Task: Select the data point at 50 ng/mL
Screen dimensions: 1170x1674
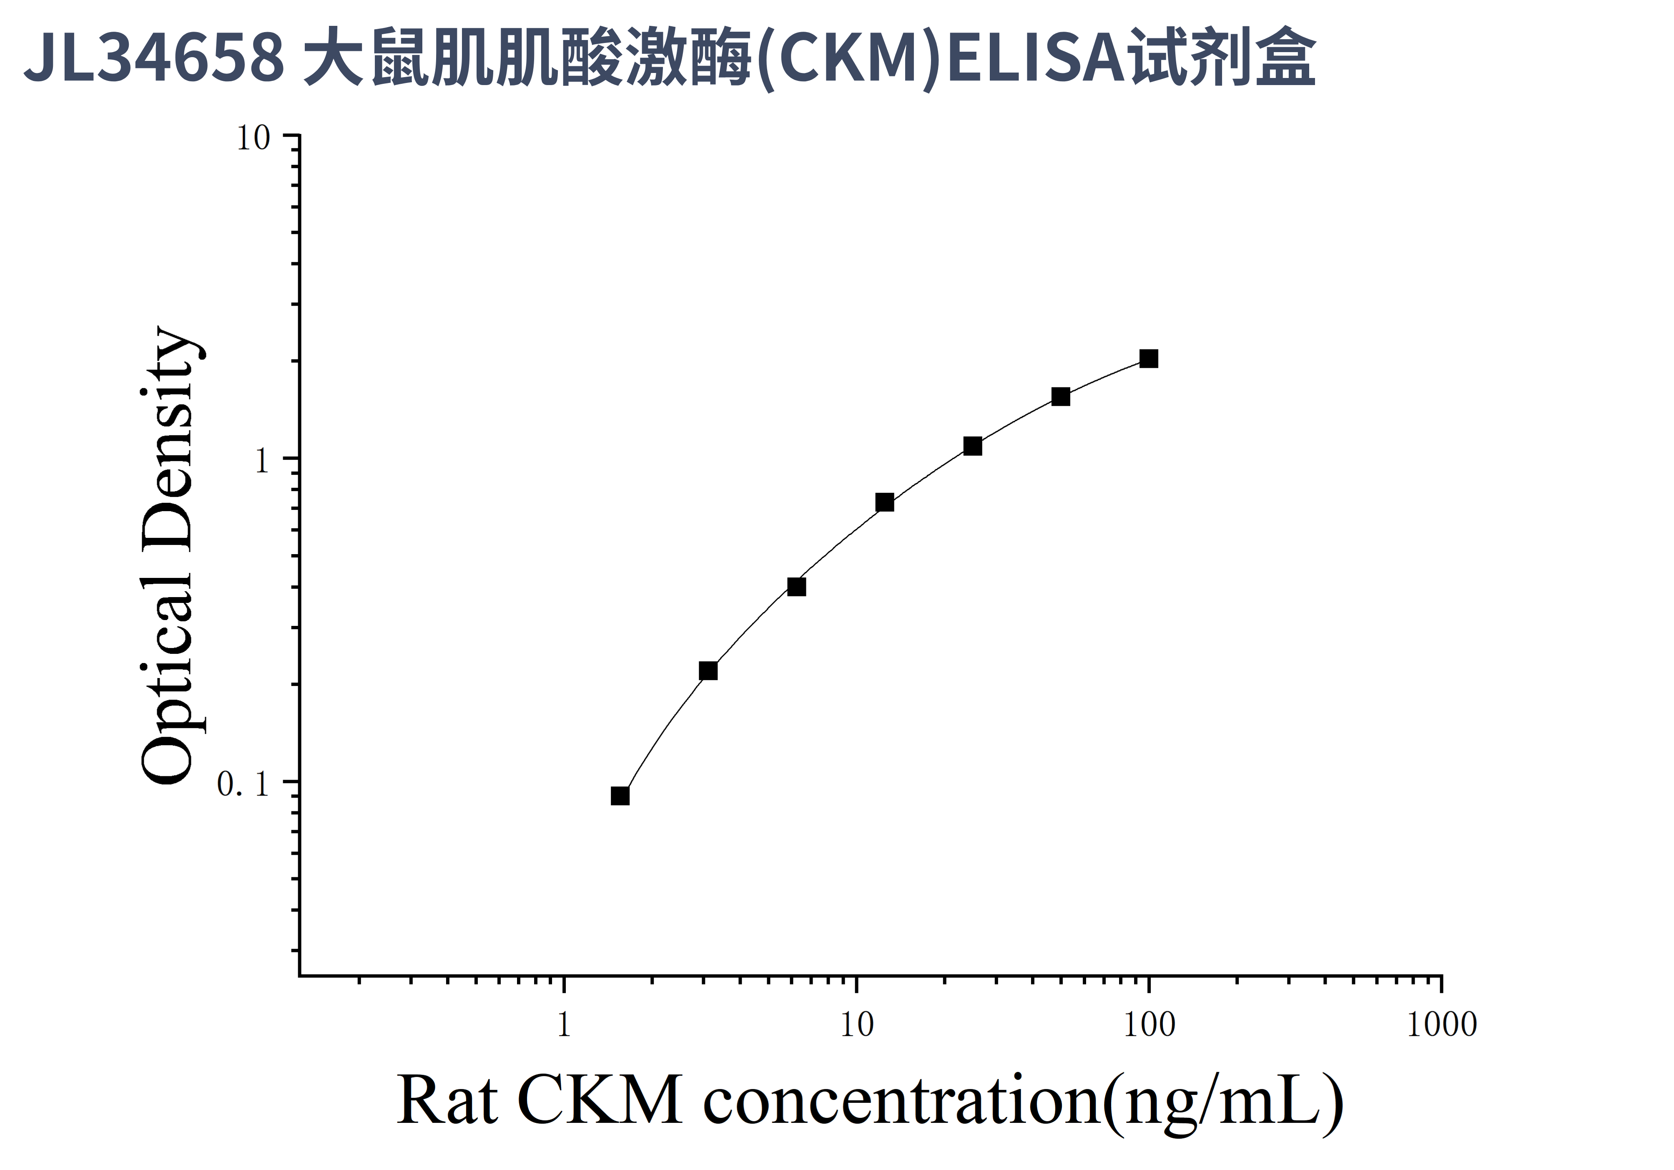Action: pos(1060,397)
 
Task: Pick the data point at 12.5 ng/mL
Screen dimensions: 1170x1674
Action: pos(884,502)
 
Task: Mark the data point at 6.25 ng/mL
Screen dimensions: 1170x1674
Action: pos(796,587)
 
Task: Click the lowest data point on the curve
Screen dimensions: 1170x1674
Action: pos(620,796)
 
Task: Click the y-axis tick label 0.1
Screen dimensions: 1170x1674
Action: pos(243,784)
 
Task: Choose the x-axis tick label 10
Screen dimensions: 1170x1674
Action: pos(856,1026)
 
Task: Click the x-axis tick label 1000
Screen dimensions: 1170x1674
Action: pos(1441,1026)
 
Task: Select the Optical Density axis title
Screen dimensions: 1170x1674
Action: pos(169,555)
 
